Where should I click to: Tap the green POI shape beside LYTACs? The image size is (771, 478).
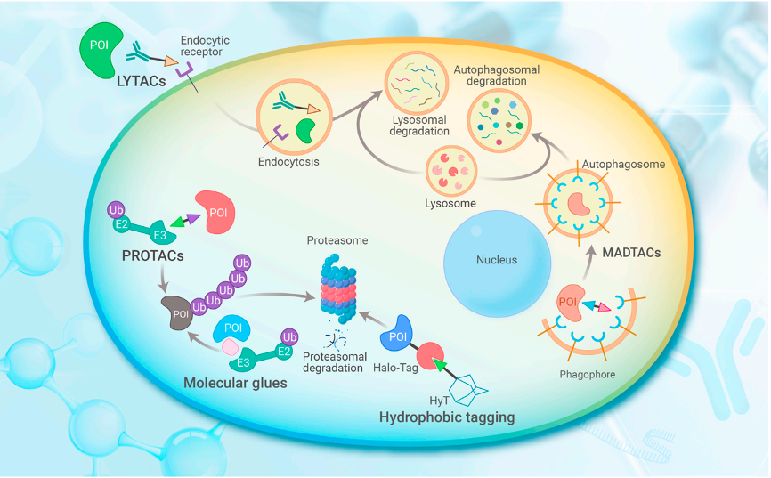(104, 50)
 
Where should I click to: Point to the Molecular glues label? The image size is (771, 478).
(235, 384)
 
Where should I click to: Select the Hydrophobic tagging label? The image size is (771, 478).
(447, 417)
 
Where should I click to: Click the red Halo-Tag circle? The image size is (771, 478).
(431, 357)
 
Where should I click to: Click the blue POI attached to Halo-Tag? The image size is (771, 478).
(401, 339)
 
